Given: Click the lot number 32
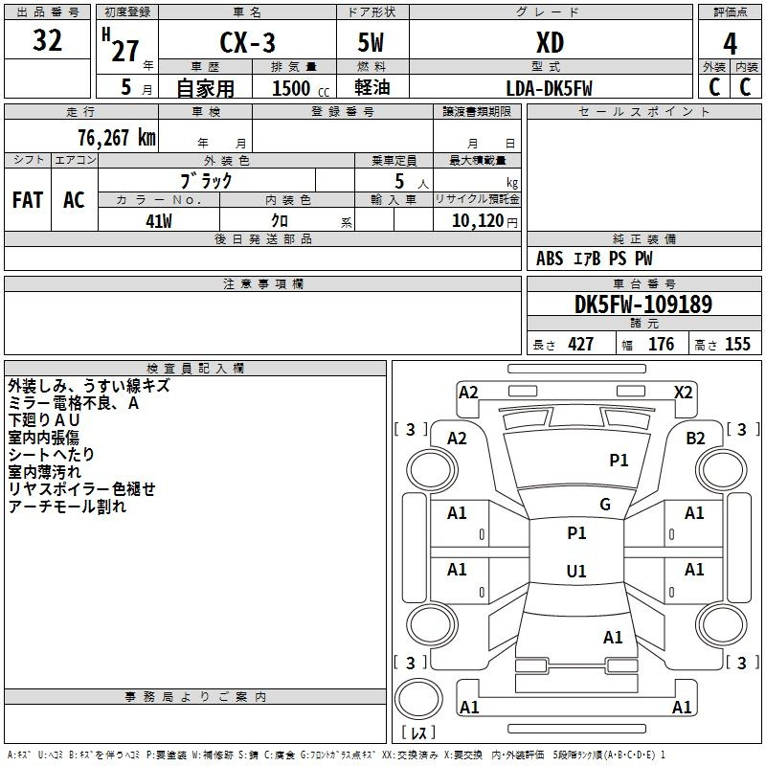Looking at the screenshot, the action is [x=47, y=40].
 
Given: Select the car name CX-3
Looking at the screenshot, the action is [x=247, y=42].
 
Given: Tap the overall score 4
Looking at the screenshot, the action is [x=730, y=44].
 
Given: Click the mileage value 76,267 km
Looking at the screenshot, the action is [x=117, y=138].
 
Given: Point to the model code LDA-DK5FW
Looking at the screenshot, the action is [x=549, y=88].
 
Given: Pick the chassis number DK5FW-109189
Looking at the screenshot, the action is [x=643, y=304].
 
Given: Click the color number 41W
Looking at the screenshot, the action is [x=159, y=221].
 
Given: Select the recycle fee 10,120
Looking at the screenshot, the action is [x=478, y=221].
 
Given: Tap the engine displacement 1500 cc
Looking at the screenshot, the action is [x=301, y=88].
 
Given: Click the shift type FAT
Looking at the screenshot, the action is [x=28, y=200].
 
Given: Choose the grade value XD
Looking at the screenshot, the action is [x=550, y=43].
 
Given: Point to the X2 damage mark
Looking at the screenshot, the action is [x=683, y=393].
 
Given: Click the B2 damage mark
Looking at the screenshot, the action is [x=695, y=439].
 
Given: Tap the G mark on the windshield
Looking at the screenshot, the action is [x=605, y=505].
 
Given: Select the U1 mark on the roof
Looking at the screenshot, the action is [x=576, y=571].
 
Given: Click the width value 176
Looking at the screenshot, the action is [x=661, y=344].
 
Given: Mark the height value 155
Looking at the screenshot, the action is [x=737, y=344].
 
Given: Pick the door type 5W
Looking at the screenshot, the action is [x=371, y=42].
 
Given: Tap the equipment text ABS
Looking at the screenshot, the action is [x=550, y=259].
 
